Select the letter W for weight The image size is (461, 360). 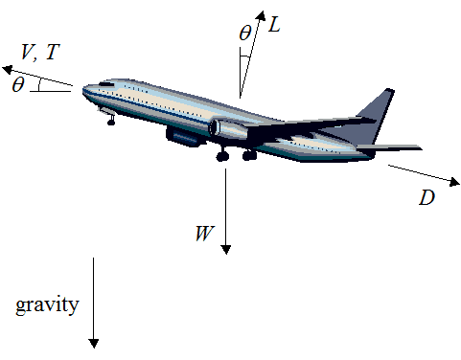[x=203, y=233]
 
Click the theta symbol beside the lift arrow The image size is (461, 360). [x=245, y=34]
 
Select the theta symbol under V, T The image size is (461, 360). [x=18, y=84]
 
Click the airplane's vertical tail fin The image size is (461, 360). [x=376, y=115]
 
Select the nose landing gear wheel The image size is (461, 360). [x=110, y=122]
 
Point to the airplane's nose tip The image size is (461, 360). [x=83, y=92]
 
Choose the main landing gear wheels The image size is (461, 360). [x=236, y=154]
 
